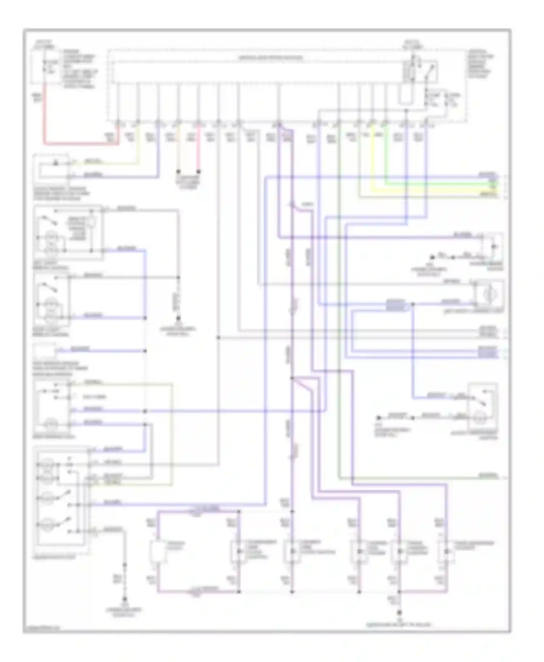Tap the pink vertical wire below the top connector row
[198, 152]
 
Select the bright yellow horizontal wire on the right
[435, 189]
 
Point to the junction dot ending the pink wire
[198, 171]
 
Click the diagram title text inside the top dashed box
[270, 58]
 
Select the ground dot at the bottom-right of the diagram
[399, 613]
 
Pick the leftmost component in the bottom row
[158, 553]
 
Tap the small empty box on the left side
[45, 351]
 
